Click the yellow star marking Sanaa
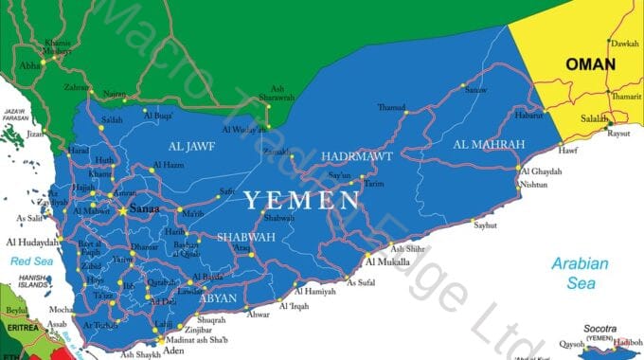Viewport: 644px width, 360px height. click(x=122, y=209)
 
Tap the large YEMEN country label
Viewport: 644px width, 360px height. click(x=301, y=200)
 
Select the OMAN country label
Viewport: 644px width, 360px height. click(x=591, y=64)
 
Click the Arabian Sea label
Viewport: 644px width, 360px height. click(x=582, y=272)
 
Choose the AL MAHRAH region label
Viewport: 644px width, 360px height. click(x=489, y=144)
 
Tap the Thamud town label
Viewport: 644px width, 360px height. click(x=390, y=107)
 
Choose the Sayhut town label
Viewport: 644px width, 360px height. click(x=485, y=226)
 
